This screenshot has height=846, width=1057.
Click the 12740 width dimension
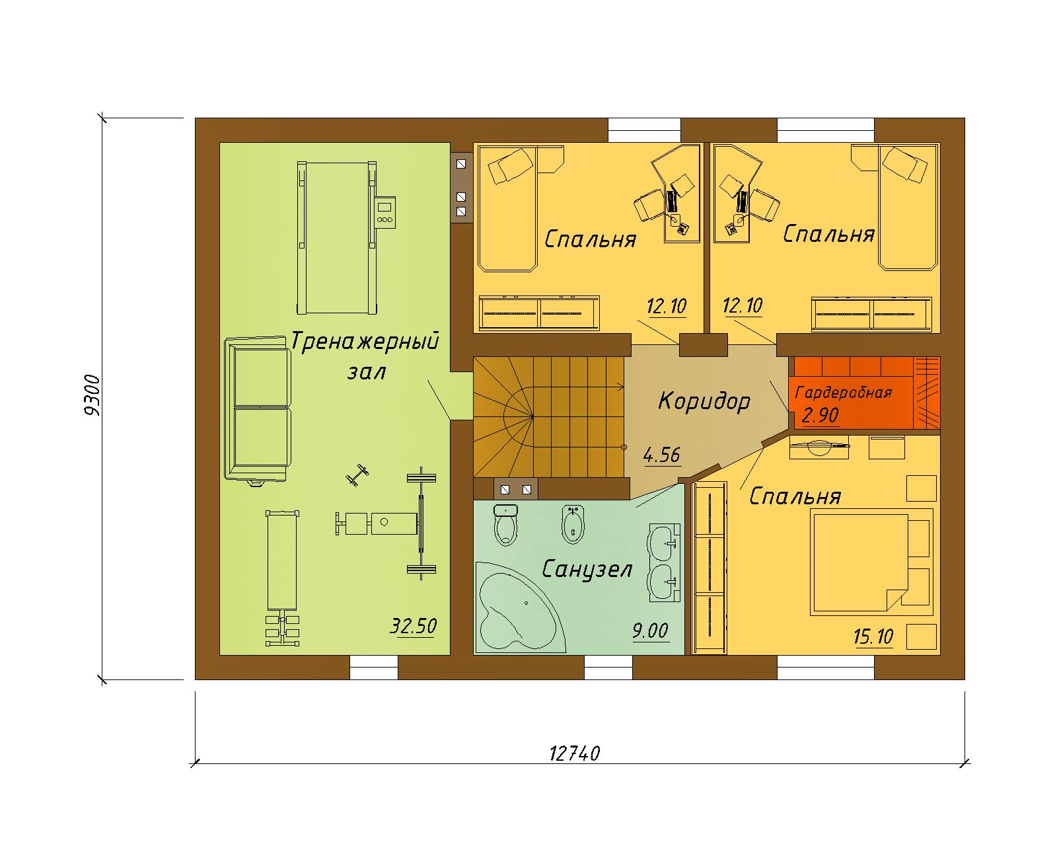(574, 753)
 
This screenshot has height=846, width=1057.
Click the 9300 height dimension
(92, 395)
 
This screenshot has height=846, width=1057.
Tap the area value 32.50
(413, 627)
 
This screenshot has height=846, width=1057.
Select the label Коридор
(704, 401)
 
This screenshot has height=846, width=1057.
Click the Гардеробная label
(843, 393)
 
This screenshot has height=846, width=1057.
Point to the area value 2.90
(820, 415)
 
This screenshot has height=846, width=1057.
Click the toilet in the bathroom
(506, 524)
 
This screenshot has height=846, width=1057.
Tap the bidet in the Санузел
(573, 523)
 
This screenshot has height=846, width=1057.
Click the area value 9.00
(650, 631)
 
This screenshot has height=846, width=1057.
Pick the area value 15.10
(873, 637)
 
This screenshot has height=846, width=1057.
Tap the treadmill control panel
(384, 212)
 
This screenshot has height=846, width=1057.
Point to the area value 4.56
(661, 455)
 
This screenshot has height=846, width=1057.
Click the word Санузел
(587, 570)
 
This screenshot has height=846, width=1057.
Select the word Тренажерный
(365, 340)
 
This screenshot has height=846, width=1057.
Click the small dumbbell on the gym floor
(357, 475)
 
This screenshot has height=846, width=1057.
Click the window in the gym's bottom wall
(374, 667)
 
